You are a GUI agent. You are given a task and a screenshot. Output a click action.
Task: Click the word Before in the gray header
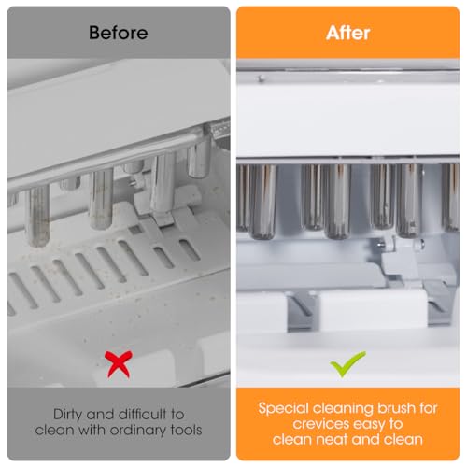119,33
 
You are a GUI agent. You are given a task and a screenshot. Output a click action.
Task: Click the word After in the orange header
347,33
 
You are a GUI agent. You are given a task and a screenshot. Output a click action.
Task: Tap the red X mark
119,363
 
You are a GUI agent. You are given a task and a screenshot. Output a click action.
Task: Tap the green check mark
347,363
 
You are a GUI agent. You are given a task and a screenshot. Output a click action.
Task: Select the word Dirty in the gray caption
68,415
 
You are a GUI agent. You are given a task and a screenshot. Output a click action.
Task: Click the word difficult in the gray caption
143,415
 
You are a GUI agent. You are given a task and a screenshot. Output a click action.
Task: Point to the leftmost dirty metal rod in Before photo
37,215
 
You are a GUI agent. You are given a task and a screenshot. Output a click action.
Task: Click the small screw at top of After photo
262,78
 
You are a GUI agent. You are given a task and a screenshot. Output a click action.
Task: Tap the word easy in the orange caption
368,424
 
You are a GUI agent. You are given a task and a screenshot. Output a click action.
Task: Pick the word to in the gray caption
177,415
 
